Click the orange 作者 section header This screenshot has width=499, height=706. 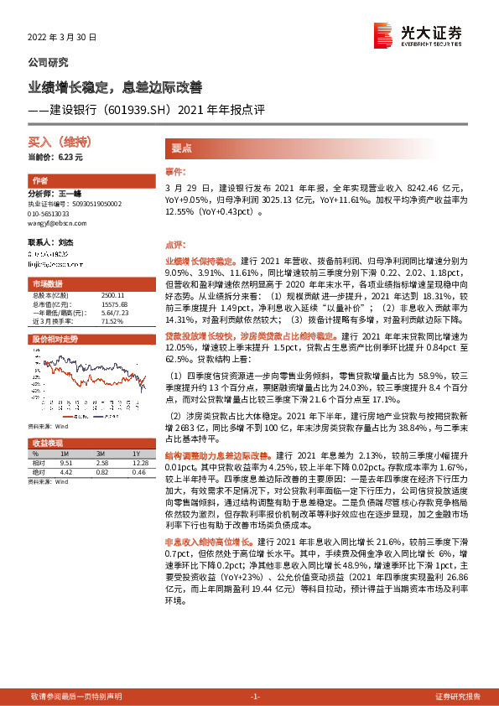click(40, 182)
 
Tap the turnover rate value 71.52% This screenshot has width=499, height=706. click(112, 320)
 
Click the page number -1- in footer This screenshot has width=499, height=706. click(257, 697)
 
